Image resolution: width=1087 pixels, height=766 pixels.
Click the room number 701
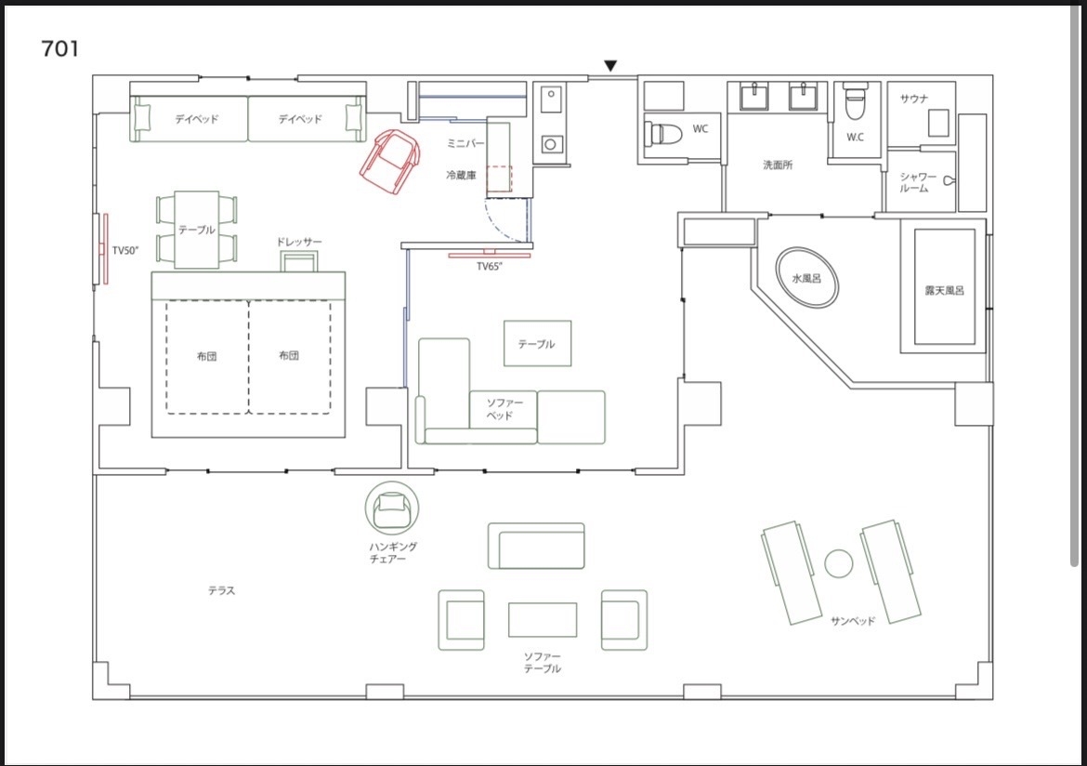click(60, 48)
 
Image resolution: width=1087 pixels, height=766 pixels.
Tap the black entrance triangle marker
click(610, 66)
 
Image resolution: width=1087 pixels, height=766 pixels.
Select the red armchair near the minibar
click(390, 161)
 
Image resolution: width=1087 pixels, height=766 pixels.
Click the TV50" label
click(125, 250)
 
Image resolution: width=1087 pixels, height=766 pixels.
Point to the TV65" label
click(490, 267)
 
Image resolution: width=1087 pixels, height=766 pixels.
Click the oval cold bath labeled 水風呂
click(806, 278)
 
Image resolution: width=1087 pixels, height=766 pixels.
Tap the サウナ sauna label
click(914, 99)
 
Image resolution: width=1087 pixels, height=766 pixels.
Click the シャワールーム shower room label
click(918, 182)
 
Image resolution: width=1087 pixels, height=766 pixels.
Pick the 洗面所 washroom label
click(778, 165)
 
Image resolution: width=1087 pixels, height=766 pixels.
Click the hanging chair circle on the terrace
click(392, 508)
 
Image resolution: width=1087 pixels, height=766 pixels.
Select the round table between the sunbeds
click(839, 563)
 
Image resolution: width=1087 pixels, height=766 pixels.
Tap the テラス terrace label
click(222, 590)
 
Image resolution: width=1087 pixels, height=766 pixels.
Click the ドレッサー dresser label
click(299, 242)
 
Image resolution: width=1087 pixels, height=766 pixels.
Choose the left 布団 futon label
click(206, 356)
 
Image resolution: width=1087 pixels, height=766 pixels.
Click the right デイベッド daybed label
click(300, 119)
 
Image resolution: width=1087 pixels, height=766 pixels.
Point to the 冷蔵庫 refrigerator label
click(461, 176)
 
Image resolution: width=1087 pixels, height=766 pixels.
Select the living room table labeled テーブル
click(537, 343)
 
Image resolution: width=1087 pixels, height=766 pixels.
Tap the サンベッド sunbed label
click(853, 621)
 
